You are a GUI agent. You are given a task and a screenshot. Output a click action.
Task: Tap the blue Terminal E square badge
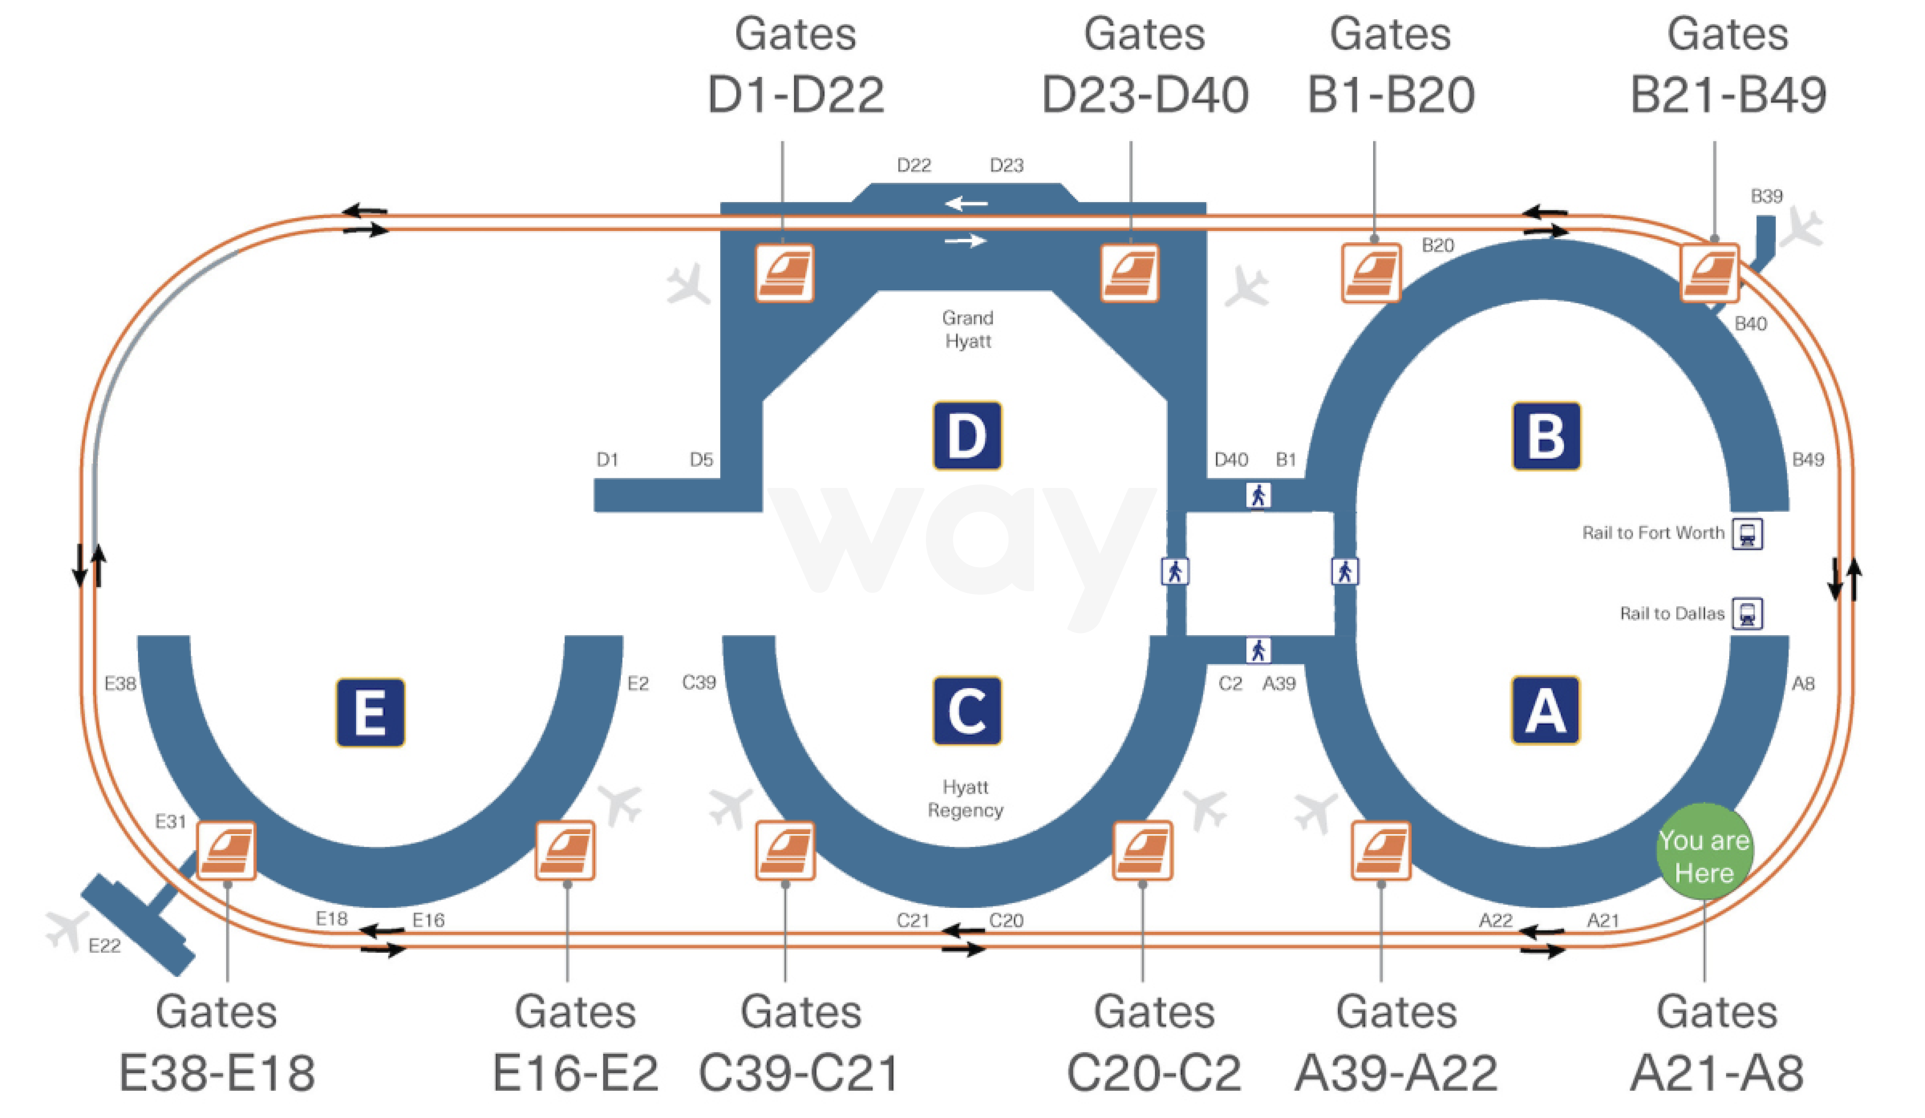(371, 712)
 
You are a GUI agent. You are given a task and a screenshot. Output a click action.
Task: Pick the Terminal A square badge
(1545, 710)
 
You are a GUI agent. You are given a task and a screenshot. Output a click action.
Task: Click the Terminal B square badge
(1546, 435)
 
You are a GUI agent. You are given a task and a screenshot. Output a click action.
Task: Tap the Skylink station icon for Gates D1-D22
(785, 273)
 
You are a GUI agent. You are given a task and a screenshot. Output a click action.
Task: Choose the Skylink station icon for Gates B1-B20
(1371, 273)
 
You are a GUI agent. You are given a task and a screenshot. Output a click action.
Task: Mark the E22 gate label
(105, 946)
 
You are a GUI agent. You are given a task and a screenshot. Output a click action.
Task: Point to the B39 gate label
(1766, 196)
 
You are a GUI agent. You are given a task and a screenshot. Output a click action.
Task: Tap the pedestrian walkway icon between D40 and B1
(1258, 496)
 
